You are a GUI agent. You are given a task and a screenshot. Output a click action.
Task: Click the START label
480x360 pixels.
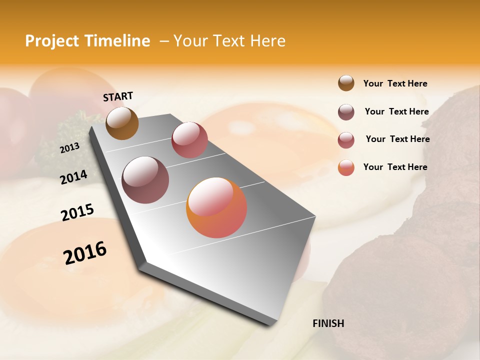(118, 96)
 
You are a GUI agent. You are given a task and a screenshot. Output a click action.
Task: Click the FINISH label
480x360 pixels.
(328, 323)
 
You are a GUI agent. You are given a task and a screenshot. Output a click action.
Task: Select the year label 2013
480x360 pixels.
(69, 148)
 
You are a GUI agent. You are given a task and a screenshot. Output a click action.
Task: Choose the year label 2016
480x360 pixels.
(85, 252)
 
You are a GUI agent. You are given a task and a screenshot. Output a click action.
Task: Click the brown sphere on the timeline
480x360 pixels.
(122, 123)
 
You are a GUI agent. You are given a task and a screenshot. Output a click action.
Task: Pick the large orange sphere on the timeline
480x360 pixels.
(216, 207)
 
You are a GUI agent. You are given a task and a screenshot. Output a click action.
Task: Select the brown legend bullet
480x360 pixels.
(346, 83)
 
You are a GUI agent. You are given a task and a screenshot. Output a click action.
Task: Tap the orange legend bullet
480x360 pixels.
(346, 167)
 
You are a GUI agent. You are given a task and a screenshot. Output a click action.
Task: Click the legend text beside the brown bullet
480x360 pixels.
(395, 83)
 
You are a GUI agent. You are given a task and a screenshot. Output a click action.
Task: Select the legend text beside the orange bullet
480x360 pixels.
(395, 167)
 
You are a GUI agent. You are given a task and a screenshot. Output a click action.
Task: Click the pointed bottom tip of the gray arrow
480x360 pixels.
(272, 324)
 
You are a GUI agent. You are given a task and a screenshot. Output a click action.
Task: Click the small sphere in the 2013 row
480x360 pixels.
(189, 139)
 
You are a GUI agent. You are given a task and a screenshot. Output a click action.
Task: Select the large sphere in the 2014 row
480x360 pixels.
(145, 180)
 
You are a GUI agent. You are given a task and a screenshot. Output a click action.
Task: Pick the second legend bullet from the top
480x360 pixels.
(346, 112)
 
